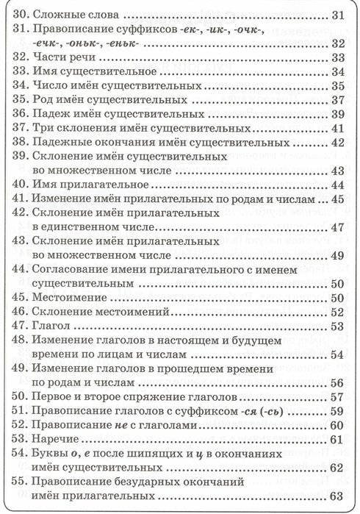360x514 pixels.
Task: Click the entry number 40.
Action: click(x=23, y=185)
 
